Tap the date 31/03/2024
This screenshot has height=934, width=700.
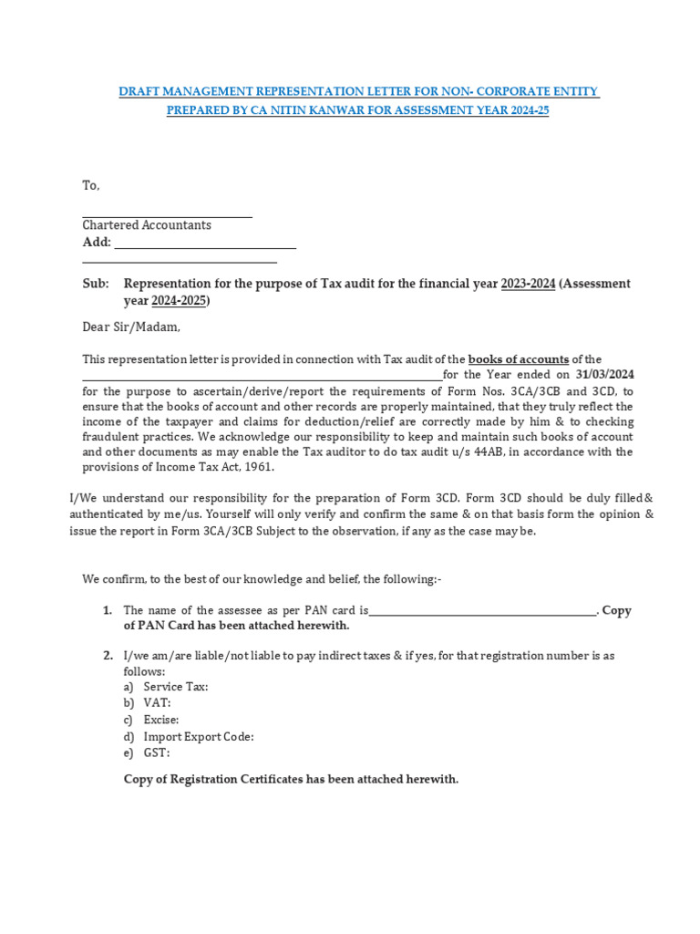point(605,374)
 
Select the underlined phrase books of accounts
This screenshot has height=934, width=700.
point(518,359)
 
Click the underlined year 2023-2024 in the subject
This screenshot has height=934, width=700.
point(528,284)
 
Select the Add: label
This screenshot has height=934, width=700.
point(97,242)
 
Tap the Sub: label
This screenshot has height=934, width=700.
point(96,284)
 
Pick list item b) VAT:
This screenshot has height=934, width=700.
point(147,702)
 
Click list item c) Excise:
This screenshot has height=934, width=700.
point(151,719)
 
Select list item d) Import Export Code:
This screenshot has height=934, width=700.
point(189,736)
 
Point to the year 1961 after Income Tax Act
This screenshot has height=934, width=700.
point(258,467)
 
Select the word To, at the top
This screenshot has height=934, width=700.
point(91,185)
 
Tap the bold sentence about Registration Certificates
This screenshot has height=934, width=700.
point(291,779)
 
